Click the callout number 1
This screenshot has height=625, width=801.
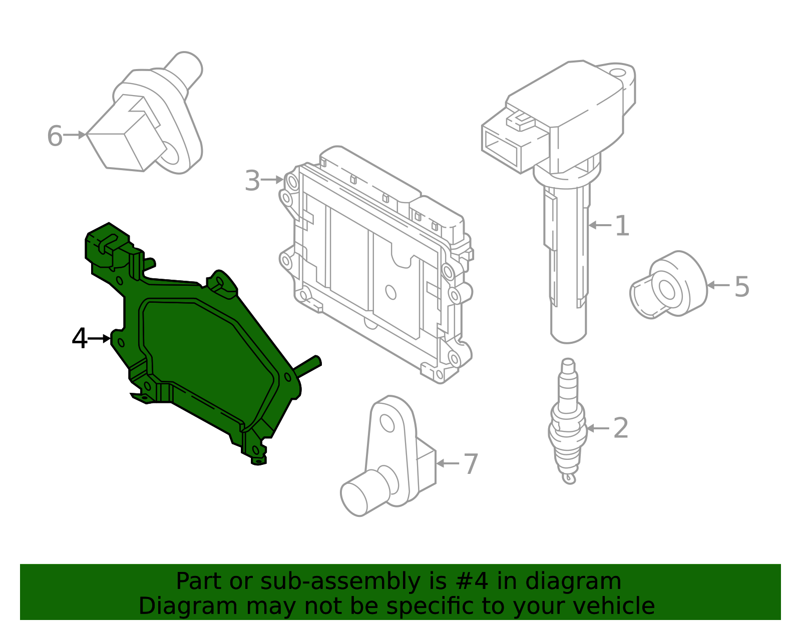click(621, 226)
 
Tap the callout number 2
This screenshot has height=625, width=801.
click(620, 428)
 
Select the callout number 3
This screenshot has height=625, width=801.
click(252, 181)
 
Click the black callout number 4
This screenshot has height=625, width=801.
click(80, 339)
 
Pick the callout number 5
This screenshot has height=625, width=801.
click(741, 287)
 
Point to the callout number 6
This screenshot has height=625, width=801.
click(55, 136)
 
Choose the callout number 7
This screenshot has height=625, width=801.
click(471, 464)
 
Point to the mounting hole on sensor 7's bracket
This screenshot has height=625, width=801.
click(387, 423)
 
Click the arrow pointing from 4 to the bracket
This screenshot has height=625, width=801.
click(99, 339)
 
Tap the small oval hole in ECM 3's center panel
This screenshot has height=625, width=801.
click(390, 292)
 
